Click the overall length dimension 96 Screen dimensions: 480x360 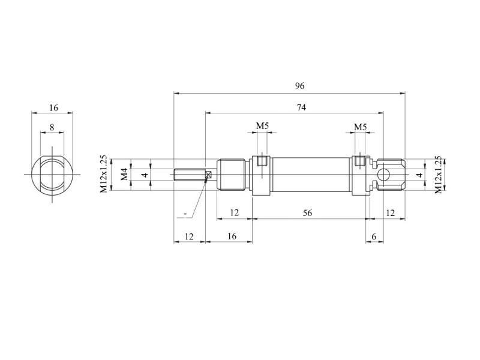point(299,86)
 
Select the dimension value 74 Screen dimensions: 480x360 point(301,107)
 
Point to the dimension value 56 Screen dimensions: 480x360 point(307,213)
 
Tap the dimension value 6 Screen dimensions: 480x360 point(374,236)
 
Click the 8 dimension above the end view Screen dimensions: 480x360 point(52,127)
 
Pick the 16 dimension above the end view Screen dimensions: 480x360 point(53,108)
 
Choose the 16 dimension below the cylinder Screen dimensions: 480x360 point(232,236)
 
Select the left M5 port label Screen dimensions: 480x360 point(262,125)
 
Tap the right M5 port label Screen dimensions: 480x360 point(360,127)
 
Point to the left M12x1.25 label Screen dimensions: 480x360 point(104,174)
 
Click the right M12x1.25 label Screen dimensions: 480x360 point(439,175)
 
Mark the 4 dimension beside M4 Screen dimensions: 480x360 point(145,175)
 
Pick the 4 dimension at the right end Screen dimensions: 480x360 point(420,175)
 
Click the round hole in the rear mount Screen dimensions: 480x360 point(383,175)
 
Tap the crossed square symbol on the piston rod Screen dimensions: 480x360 point(209,175)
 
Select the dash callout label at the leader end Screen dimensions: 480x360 point(185,213)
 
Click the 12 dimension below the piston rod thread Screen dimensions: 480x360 point(189,236)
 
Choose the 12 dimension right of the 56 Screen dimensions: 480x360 point(390,213)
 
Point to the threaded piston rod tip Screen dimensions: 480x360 point(190,175)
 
